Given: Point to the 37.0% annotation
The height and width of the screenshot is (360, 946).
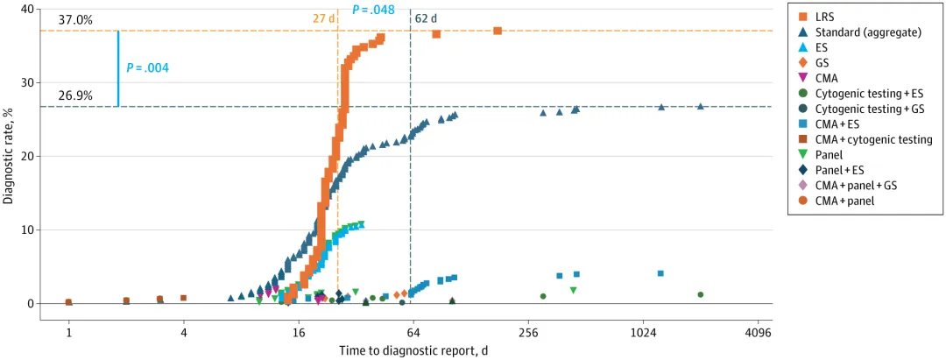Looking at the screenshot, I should tap(75, 19).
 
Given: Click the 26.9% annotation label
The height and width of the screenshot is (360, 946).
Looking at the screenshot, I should tap(75, 95).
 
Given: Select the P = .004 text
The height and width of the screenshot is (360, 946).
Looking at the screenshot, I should tap(147, 67).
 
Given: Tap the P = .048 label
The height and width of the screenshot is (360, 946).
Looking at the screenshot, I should tap(373, 10).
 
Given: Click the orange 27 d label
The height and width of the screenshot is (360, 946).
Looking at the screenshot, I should tap(324, 18).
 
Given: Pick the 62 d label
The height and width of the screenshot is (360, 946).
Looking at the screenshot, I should tap(427, 18).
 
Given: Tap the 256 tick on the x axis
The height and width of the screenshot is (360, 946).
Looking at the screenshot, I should tap(528, 333).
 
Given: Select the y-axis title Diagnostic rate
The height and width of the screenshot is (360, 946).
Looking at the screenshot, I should tap(9, 157).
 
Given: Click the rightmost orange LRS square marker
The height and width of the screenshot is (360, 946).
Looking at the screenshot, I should tap(498, 31).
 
